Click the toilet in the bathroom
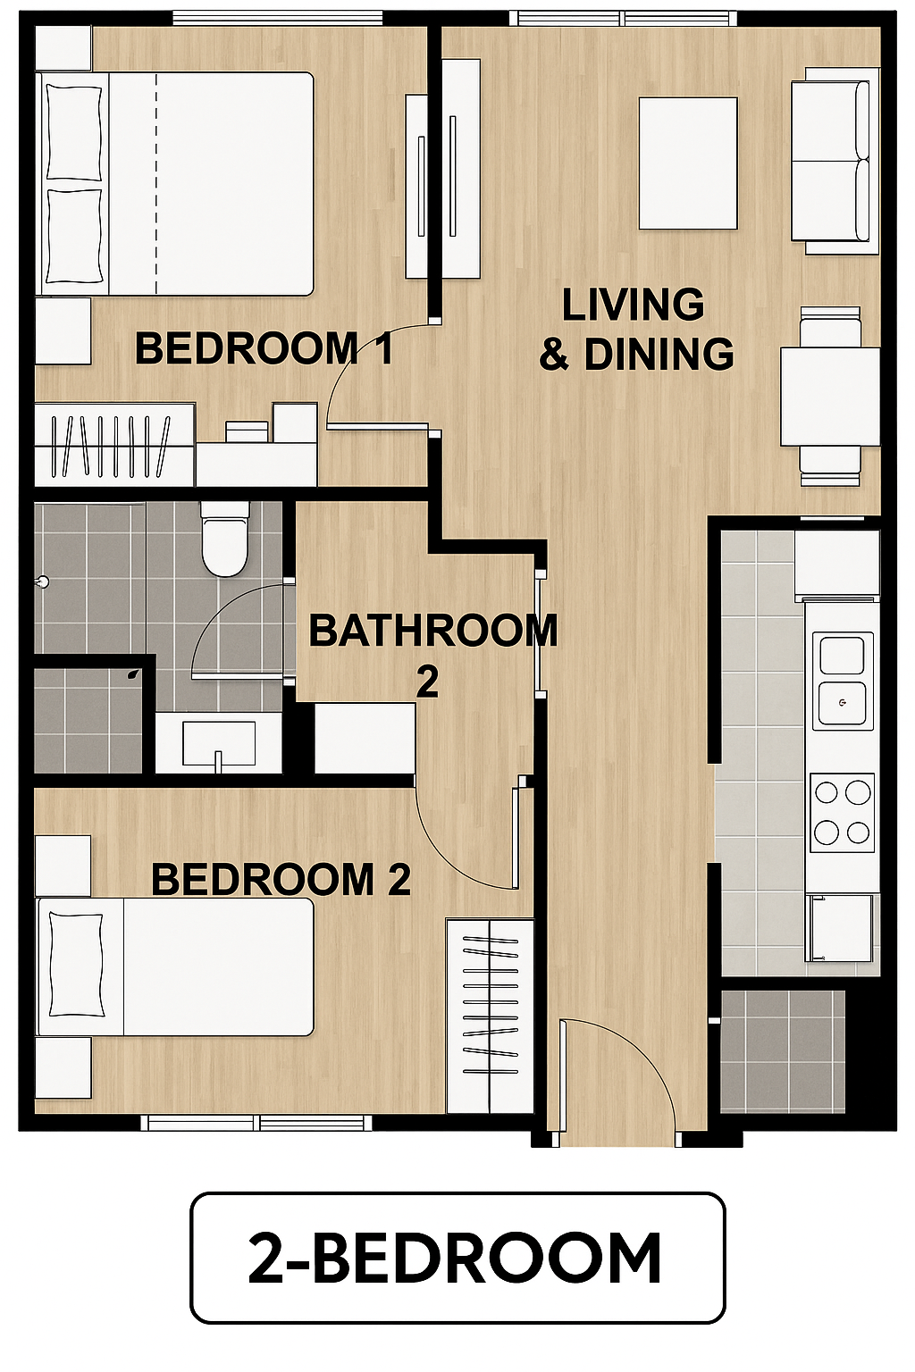224,539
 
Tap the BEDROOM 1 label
264,348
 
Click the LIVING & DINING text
636,330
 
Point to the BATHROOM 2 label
432,655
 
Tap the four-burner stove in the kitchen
842,813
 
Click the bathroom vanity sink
220,743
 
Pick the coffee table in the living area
688,163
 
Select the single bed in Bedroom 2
175,966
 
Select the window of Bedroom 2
256,1122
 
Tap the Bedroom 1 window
278,19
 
